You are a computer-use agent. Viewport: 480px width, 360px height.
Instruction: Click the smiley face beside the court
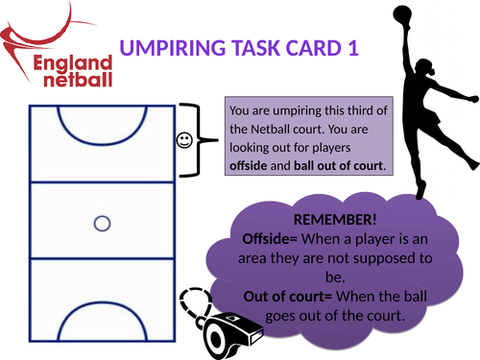tap(184, 141)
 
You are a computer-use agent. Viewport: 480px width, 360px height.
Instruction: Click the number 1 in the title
tap(353, 47)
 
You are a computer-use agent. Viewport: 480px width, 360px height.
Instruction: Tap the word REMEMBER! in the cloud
tap(323, 219)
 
